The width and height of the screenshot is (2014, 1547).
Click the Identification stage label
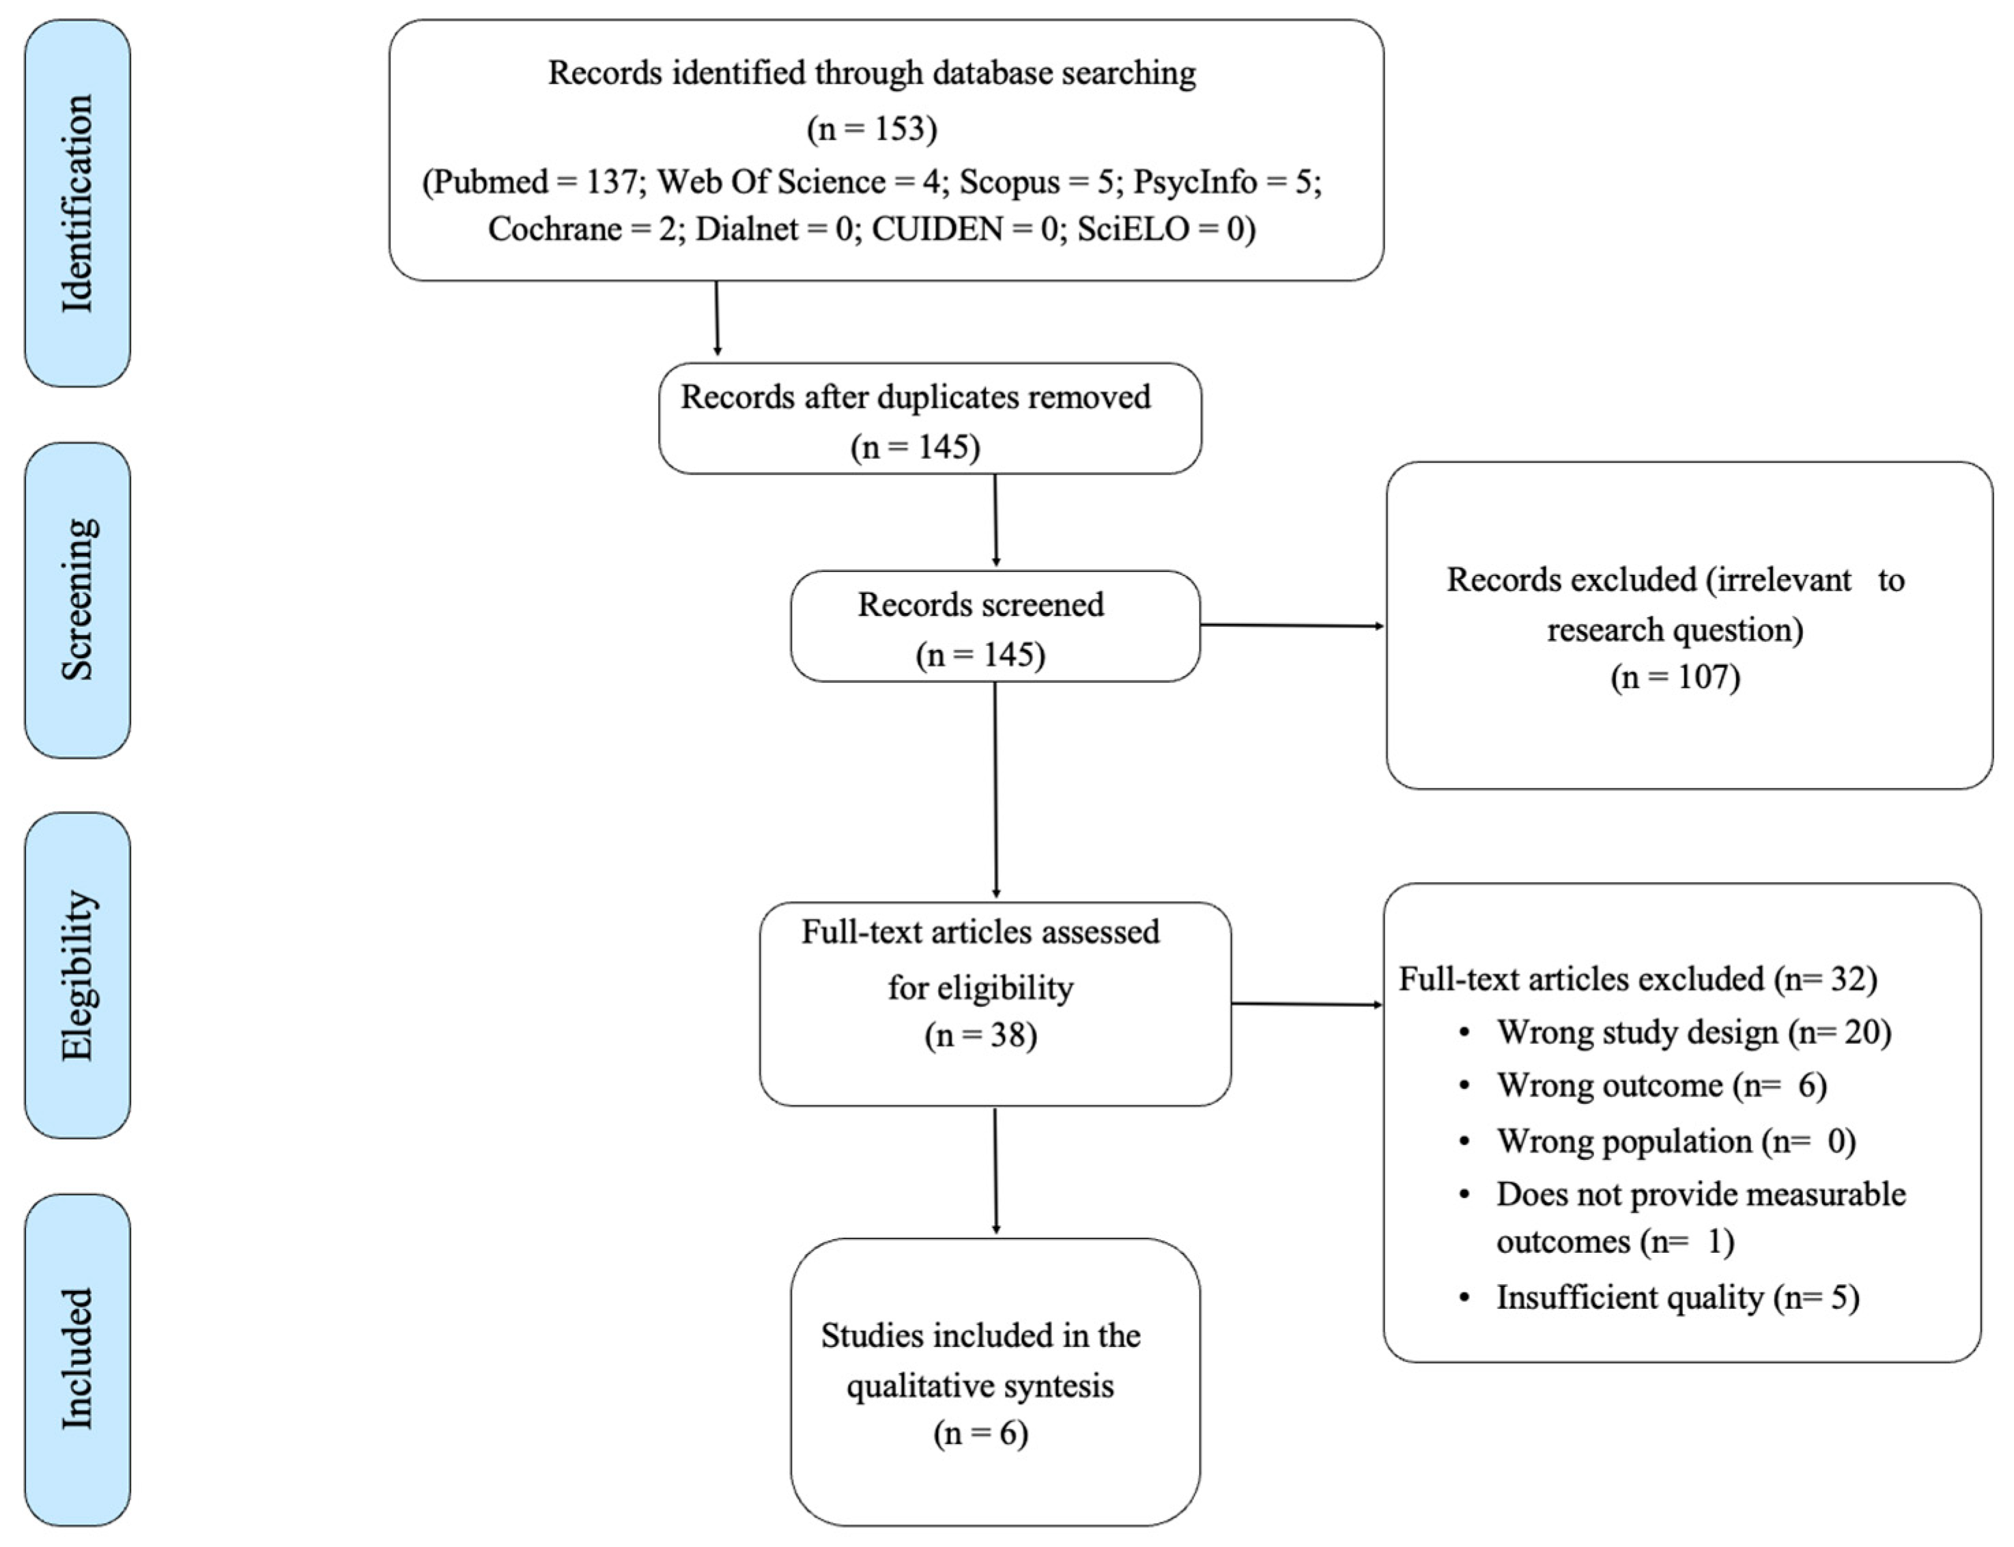point(77,203)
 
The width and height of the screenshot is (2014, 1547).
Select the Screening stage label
point(77,599)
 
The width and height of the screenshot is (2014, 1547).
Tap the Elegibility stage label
point(77,975)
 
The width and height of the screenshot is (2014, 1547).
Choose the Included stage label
point(77,1359)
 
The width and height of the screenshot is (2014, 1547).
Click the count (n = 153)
point(871,128)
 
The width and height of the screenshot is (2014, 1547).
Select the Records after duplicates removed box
point(929,419)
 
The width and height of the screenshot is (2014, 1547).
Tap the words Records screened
point(981,605)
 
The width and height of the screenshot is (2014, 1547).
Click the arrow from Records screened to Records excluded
point(1291,625)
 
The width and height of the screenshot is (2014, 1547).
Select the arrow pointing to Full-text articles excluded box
point(1306,1004)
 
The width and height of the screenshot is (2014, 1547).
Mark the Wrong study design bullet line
point(1692,1032)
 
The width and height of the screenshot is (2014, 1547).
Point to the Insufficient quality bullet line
point(1677,1297)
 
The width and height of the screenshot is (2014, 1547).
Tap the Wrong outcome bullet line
point(1660,1085)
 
